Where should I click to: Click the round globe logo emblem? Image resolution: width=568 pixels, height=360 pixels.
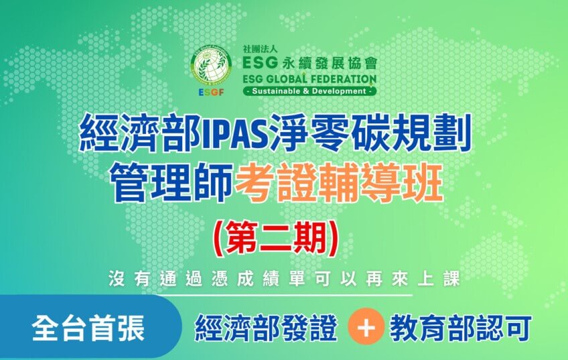click(x=212, y=65)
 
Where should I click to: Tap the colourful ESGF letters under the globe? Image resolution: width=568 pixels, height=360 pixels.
click(x=212, y=93)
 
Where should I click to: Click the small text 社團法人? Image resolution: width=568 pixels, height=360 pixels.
click(x=260, y=49)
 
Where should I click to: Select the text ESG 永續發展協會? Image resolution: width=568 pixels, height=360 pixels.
click(x=309, y=63)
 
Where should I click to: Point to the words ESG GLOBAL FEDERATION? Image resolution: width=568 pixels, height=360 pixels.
click(x=309, y=79)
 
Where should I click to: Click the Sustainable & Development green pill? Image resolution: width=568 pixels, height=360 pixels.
click(x=309, y=91)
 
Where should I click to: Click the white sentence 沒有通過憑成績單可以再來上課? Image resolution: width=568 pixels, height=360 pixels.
click(x=285, y=279)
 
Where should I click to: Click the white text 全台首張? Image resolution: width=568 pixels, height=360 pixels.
click(x=88, y=328)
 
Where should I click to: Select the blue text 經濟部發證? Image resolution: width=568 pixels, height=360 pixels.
click(x=267, y=328)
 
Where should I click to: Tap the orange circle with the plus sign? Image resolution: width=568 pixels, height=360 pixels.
click(x=366, y=326)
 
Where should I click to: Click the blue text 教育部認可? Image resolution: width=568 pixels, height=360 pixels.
click(x=461, y=328)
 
